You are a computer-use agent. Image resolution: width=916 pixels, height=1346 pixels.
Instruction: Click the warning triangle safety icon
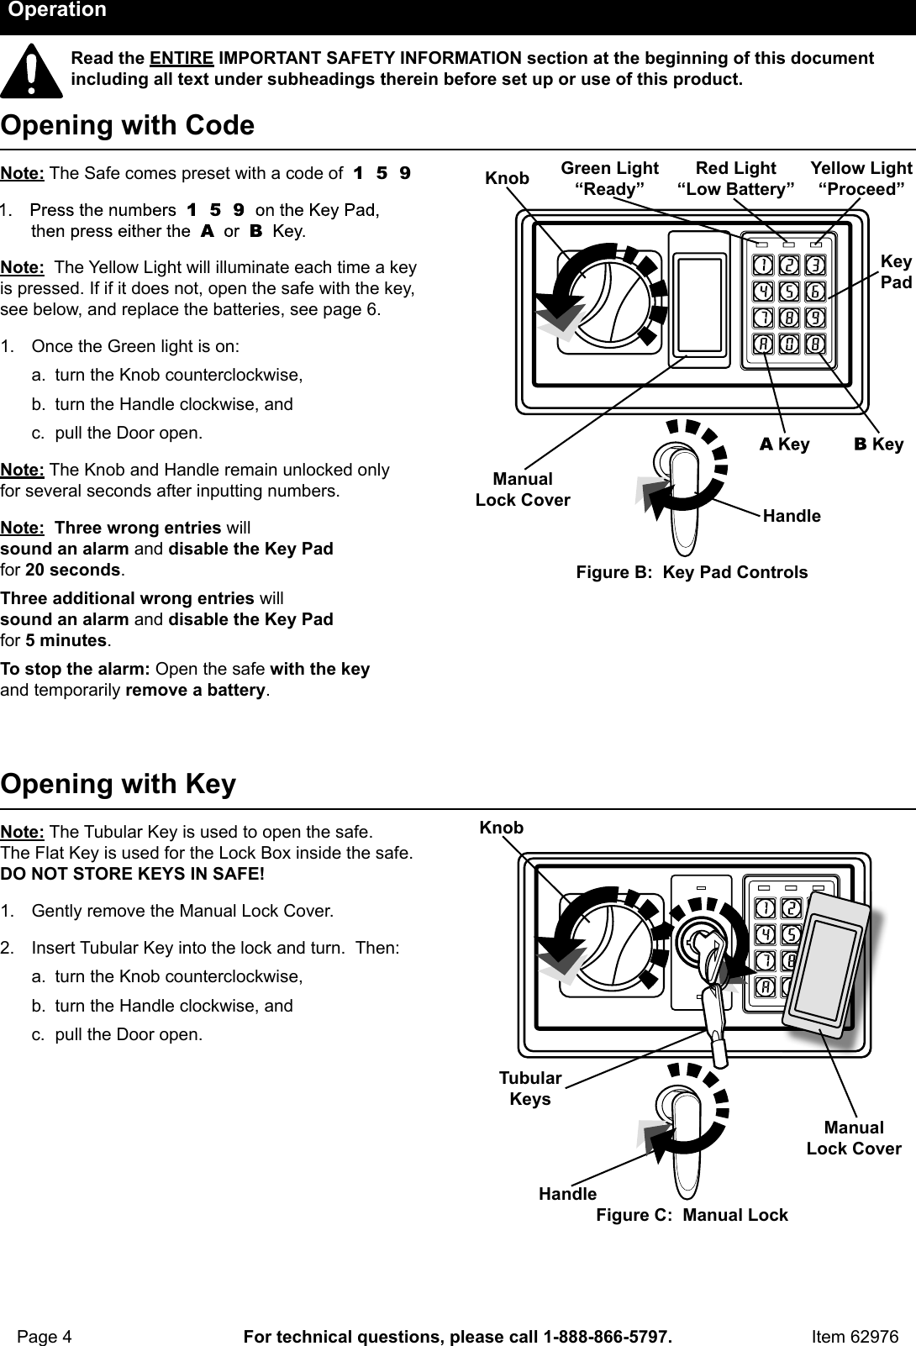[31, 71]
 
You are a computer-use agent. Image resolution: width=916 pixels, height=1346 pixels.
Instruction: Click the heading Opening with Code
[128, 126]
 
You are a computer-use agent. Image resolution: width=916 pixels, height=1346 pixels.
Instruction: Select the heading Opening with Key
[118, 785]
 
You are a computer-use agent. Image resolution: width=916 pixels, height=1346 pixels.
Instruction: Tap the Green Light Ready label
[609, 179]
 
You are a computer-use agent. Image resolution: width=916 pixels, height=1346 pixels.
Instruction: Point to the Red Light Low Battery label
[735, 179]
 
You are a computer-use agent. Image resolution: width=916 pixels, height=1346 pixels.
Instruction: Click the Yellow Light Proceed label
[861, 179]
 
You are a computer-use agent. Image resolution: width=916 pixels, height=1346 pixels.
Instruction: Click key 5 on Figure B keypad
[789, 292]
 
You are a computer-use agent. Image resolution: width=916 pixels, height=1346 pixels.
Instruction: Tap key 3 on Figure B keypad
[815, 266]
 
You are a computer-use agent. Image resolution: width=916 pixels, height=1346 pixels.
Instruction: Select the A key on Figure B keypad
[763, 344]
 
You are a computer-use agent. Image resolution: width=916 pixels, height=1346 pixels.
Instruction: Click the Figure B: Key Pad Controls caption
[692, 573]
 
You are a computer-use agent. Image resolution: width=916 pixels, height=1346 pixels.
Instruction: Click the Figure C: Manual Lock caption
[692, 1216]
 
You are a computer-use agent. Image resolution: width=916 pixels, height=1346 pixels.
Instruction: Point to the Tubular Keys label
[530, 1089]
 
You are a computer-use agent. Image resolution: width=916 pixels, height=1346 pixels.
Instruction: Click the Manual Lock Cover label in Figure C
[854, 1138]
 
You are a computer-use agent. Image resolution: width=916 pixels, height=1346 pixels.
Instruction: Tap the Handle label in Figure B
[792, 516]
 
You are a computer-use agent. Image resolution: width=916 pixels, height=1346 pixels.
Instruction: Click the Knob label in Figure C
[501, 828]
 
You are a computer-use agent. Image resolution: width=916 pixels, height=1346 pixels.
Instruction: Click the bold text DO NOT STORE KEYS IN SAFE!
[133, 874]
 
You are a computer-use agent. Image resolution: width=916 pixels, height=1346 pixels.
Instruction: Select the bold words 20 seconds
[73, 570]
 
